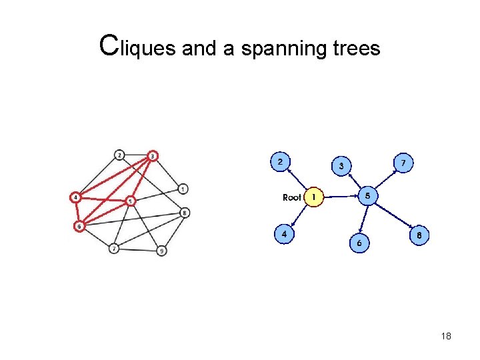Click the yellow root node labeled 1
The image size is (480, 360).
pyautogui.click(x=313, y=197)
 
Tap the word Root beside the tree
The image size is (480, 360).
pyautogui.click(x=292, y=197)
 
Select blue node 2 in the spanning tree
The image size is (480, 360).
pyautogui.click(x=280, y=161)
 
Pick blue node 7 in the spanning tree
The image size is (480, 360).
pyautogui.click(x=403, y=163)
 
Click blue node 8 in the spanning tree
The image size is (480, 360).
pyautogui.click(x=419, y=235)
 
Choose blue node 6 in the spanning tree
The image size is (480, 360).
pyautogui.click(x=359, y=243)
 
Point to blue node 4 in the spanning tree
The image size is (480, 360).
pyautogui.click(x=285, y=234)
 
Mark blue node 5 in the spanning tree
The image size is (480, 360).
pyautogui.click(x=368, y=195)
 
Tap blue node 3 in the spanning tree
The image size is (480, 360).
pyautogui.click(x=342, y=165)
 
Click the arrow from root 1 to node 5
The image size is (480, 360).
pyautogui.click(x=340, y=197)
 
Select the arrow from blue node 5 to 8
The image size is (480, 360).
pyautogui.click(x=393, y=215)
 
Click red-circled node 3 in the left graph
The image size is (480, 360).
pyautogui.click(x=153, y=156)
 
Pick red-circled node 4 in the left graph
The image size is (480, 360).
pyautogui.click(x=77, y=197)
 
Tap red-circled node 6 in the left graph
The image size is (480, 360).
pyautogui.click(x=79, y=226)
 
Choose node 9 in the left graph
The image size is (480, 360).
pyautogui.click(x=161, y=251)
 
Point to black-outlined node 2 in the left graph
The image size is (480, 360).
pyautogui.click(x=119, y=155)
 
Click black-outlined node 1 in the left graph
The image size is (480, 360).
pyautogui.click(x=183, y=188)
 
